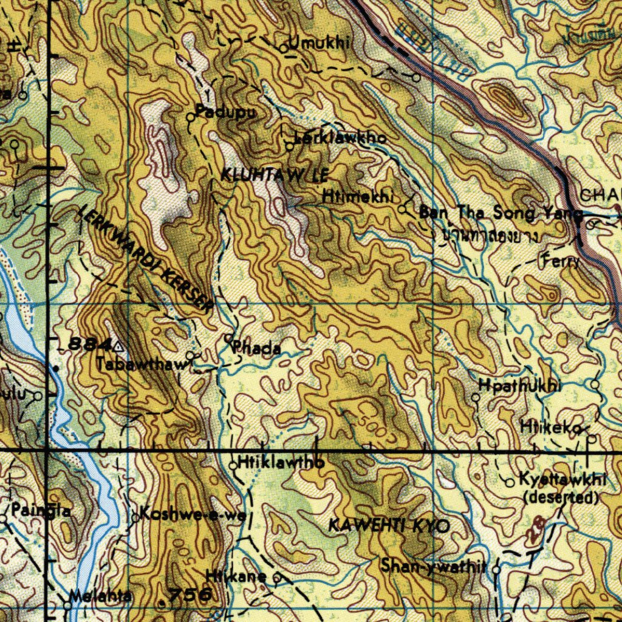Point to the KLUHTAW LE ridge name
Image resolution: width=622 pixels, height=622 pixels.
click(x=274, y=176)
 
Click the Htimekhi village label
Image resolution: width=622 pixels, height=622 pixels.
click(x=359, y=197)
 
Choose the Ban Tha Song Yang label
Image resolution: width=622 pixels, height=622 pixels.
click(x=501, y=213)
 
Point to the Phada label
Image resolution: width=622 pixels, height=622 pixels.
click(x=257, y=349)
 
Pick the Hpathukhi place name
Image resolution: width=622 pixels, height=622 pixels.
click(x=520, y=386)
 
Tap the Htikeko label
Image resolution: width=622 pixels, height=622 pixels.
click(x=547, y=428)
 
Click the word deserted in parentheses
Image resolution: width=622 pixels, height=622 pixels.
click(x=561, y=498)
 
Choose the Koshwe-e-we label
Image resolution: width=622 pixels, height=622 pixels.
click(x=193, y=515)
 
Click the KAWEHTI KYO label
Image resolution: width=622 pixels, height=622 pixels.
click(x=389, y=526)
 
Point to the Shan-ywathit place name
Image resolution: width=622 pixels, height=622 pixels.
click(x=434, y=567)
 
